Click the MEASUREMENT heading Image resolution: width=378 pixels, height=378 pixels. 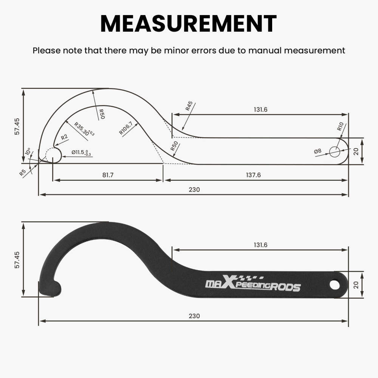[189, 23]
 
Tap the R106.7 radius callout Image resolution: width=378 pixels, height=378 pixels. [126, 128]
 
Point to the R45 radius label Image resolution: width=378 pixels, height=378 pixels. [189, 106]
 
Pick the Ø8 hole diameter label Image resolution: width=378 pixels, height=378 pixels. [318, 151]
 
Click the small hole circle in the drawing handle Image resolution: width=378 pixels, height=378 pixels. [335, 152]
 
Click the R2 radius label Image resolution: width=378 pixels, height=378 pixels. [64, 138]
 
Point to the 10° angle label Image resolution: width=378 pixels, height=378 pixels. [28, 152]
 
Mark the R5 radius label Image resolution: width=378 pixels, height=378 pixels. [22, 173]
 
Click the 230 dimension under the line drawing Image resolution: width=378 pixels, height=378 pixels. [194, 189]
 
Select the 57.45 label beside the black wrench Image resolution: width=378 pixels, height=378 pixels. [16, 260]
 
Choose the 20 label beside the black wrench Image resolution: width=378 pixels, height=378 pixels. [367, 284]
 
